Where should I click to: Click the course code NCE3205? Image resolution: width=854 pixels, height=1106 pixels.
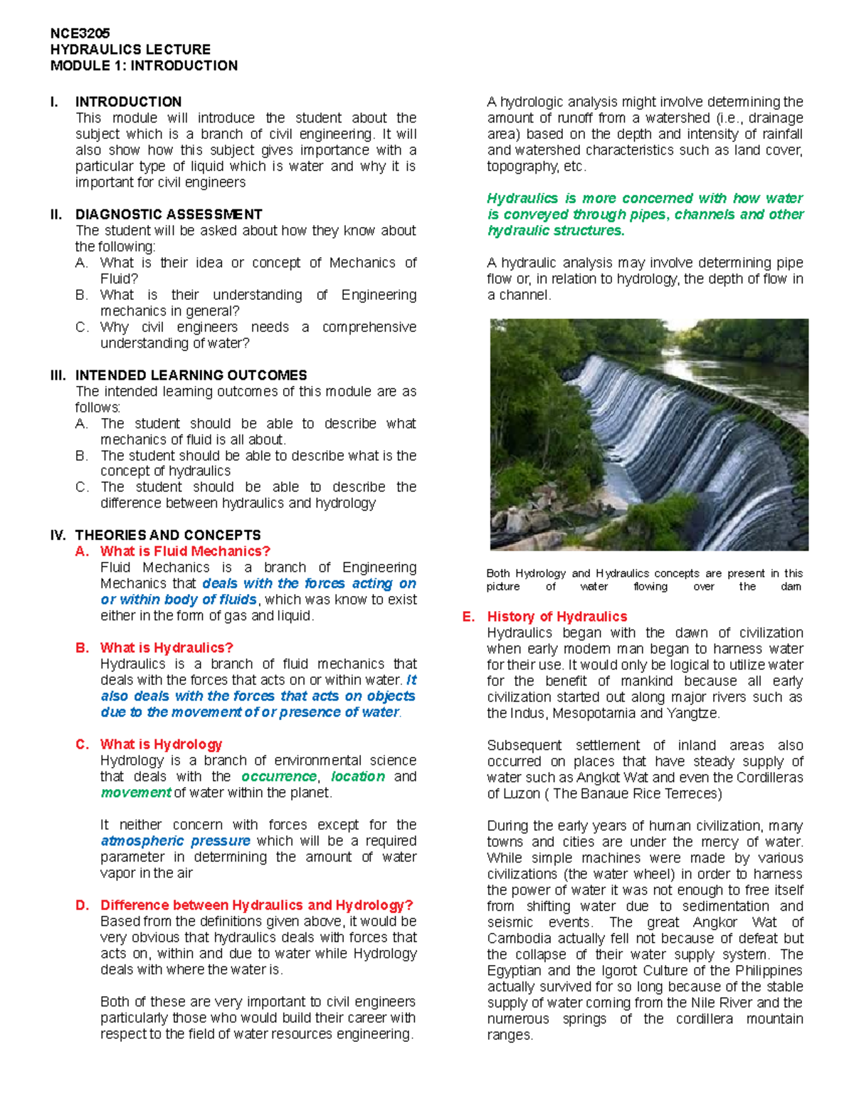(80, 33)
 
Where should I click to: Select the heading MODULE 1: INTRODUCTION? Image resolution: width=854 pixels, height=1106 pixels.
(144, 66)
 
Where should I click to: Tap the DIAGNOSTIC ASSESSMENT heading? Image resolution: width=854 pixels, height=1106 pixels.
(169, 214)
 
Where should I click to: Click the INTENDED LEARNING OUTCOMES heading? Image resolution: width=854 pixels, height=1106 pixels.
(191, 375)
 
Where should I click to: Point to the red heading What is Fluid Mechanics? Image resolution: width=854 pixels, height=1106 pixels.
(185, 551)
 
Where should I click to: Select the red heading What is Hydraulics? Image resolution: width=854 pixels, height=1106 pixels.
(167, 648)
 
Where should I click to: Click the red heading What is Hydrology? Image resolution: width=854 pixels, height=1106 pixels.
(161, 744)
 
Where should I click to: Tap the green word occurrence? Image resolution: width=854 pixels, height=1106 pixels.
(278, 776)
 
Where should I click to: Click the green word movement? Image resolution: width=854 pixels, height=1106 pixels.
(135, 793)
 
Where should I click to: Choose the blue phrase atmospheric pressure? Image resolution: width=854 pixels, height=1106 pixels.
(175, 841)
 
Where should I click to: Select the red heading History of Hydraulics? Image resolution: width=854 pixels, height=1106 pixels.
(557, 617)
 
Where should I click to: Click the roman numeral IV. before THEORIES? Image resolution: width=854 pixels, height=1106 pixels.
(58, 535)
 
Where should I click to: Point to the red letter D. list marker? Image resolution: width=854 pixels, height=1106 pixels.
(83, 905)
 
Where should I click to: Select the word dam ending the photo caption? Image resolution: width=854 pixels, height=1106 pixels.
(791, 587)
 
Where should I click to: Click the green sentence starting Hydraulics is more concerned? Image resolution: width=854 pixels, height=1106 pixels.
(645, 214)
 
